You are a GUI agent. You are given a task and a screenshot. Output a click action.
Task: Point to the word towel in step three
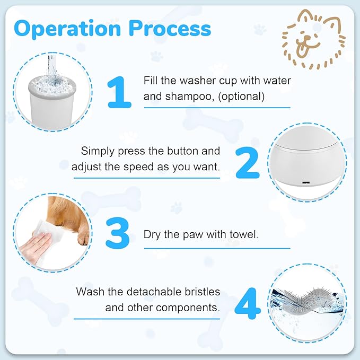[x=243, y=234]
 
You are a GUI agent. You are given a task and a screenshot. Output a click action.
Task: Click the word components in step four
[x=192, y=307]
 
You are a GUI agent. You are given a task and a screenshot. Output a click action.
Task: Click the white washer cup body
[x=51, y=109]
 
